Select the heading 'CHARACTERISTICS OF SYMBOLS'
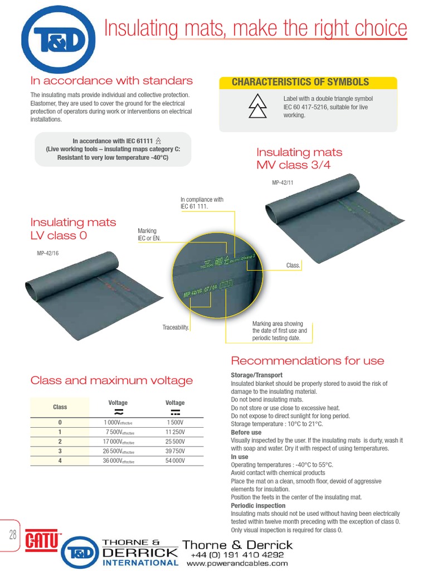pyautogui.click(x=300, y=82)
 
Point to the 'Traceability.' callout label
pyautogui.click(x=176, y=328)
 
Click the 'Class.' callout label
pyautogui.click(x=293, y=265)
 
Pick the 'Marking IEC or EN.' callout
pyautogui.click(x=147, y=234)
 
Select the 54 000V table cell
pyautogui.click(x=175, y=460)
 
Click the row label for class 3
pyautogui.click(x=60, y=451)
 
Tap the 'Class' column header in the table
pyautogui.click(x=60, y=407)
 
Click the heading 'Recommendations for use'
pyautogui.click(x=307, y=361)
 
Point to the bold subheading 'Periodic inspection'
pyautogui.click(x=255, y=506)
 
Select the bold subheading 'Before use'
pyautogui.click(x=246, y=433)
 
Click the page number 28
pyautogui.click(x=12, y=535)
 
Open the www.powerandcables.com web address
pyautogui.click(x=237, y=564)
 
